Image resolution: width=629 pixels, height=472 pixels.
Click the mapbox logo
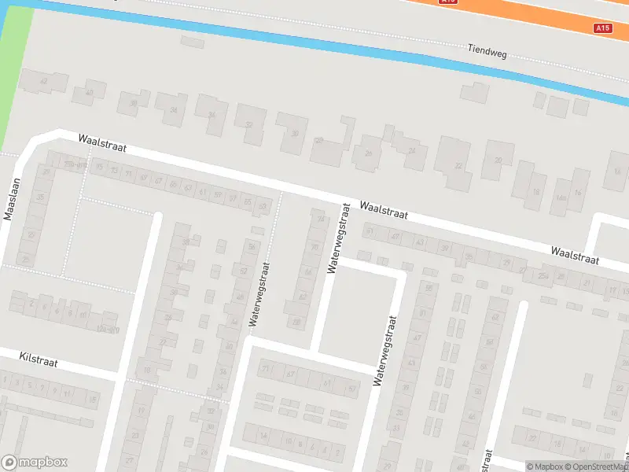click(34, 463)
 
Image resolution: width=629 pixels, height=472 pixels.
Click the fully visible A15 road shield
click(602, 28)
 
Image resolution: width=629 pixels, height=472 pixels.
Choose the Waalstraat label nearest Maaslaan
click(102, 142)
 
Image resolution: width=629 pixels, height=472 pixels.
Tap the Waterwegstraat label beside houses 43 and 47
click(385, 351)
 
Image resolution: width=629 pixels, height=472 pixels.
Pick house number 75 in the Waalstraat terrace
click(99, 168)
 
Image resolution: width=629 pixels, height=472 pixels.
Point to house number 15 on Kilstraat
click(92, 400)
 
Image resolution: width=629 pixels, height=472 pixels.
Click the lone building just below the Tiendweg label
click(474, 92)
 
